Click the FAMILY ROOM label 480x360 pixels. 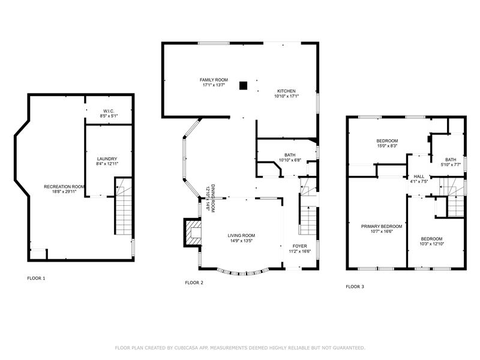point(214,80)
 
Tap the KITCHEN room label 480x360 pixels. point(286,91)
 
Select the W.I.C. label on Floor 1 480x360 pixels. point(109,111)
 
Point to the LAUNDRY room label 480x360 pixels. point(107,159)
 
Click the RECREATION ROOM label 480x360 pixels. point(64,187)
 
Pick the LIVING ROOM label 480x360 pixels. point(241,235)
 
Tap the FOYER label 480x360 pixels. point(299,246)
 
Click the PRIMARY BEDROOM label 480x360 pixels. point(382,227)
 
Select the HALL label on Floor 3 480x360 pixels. point(419,176)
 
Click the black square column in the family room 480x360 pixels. point(243,86)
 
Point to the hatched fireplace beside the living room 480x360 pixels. point(193,232)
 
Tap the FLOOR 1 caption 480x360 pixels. point(36,278)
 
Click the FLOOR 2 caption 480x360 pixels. point(194,283)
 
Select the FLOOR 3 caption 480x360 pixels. point(355,287)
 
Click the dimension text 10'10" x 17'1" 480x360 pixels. point(286,96)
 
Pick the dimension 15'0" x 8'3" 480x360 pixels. point(387,146)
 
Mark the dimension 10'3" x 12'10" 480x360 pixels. point(431,244)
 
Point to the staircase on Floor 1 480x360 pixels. point(124,206)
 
